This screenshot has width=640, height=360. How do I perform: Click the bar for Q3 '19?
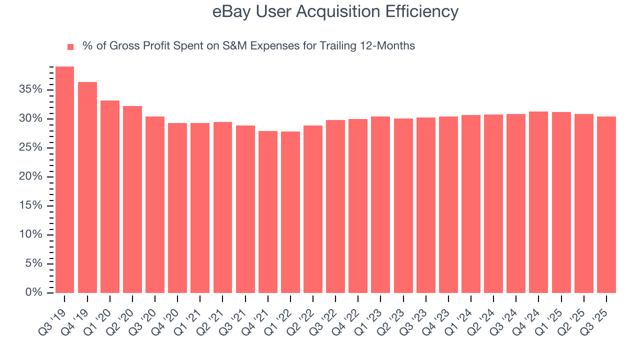click(64, 180)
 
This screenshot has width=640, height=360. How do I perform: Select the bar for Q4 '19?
click(87, 187)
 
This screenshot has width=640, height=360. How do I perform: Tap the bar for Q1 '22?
click(290, 212)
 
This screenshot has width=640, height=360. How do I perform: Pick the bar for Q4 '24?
click(538, 202)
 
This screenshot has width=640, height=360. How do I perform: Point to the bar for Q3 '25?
click(606, 204)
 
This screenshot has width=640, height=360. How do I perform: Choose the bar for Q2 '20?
click(132, 199)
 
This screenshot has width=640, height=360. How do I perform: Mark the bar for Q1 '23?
click(380, 204)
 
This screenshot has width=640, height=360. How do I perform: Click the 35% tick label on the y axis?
click(31, 89)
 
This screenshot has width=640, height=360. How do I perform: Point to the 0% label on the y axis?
click(34, 292)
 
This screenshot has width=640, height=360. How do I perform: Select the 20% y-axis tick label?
click(31, 176)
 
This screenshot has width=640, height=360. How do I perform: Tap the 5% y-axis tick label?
click(34, 263)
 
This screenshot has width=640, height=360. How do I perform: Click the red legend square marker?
click(70, 46)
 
